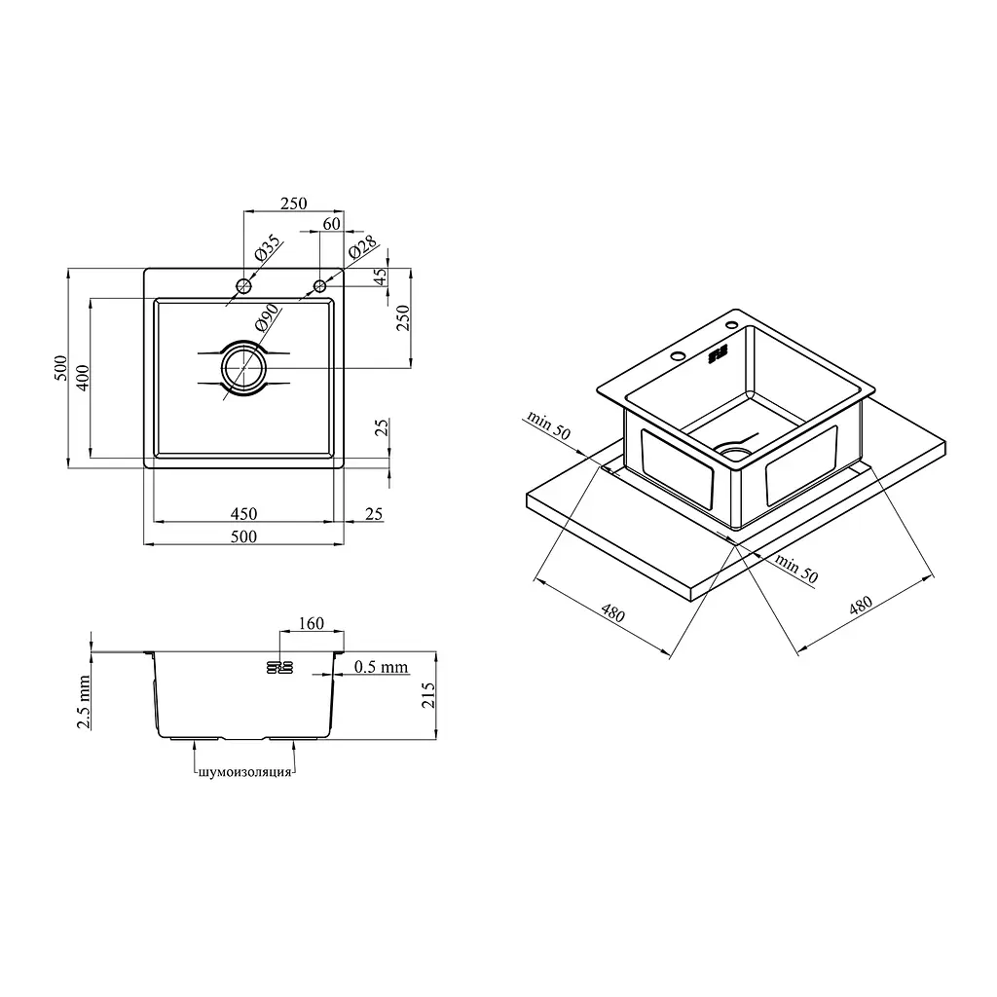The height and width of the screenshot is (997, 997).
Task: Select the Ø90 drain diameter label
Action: pyautogui.click(x=267, y=317)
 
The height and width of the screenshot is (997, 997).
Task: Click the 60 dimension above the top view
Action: pyautogui.click(x=332, y=224)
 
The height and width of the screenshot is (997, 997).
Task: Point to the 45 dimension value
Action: pyautogui.click(x=380, y=277)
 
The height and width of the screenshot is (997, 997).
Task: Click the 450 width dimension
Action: pyautogui.click(x=243, y=514)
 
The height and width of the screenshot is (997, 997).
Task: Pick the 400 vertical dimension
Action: pyautogui.click(x=83, y=378)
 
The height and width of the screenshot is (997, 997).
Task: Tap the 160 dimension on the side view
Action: pyautogui.click(x=311, y=623)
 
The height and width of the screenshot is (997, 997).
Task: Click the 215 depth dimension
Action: pyautogui.click(x=428, y=695)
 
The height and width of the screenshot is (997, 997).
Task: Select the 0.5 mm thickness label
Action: pyautogui.click(x=381, y=666)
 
